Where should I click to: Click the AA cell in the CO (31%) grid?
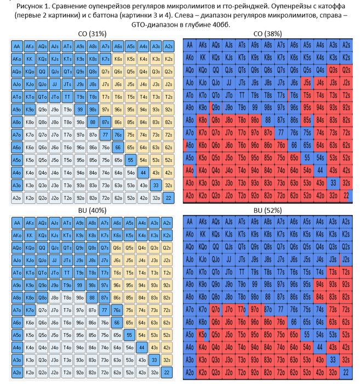[18, 46]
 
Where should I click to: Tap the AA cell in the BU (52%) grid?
[190, 222]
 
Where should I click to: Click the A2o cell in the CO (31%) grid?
[18, 197]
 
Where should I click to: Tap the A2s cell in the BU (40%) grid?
[168, 222]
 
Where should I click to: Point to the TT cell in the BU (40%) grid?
[68, 273]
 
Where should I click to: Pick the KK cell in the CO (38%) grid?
[203, 57]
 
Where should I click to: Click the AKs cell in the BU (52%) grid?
[203, 222]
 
